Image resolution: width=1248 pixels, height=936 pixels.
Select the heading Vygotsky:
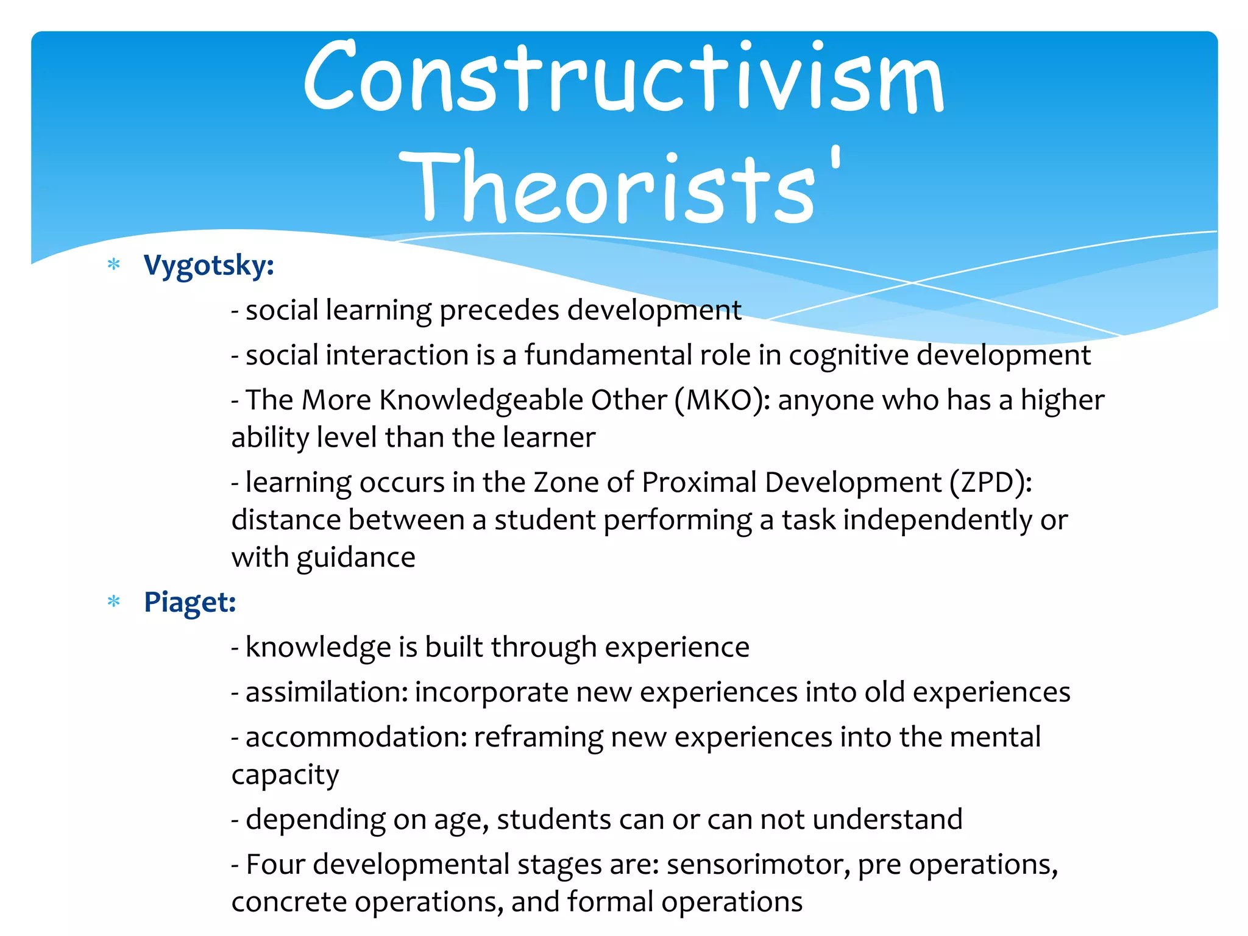pyautogui.click(x=208, y=266)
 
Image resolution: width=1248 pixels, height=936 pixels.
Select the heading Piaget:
pyautogui.click(x=190, y=602)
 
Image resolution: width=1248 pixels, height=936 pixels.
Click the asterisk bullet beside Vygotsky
pyautogui.click(x=114, y=264)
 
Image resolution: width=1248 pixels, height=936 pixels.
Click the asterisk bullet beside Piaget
pyautogui.click(x=114, y=602)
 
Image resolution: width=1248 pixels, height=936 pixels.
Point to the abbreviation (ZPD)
pyautogui.click(x=991, y=483)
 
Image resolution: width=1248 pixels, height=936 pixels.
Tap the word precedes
pyautogui.click(x=499, y=310)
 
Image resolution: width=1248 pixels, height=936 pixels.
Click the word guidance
pyautogui.click(x=356, y=558)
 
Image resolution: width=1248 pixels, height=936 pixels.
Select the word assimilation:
pyautogui.click(x=327, y=692)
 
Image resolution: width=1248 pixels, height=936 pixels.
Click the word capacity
pyautogui.click(x=285, y=775)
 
